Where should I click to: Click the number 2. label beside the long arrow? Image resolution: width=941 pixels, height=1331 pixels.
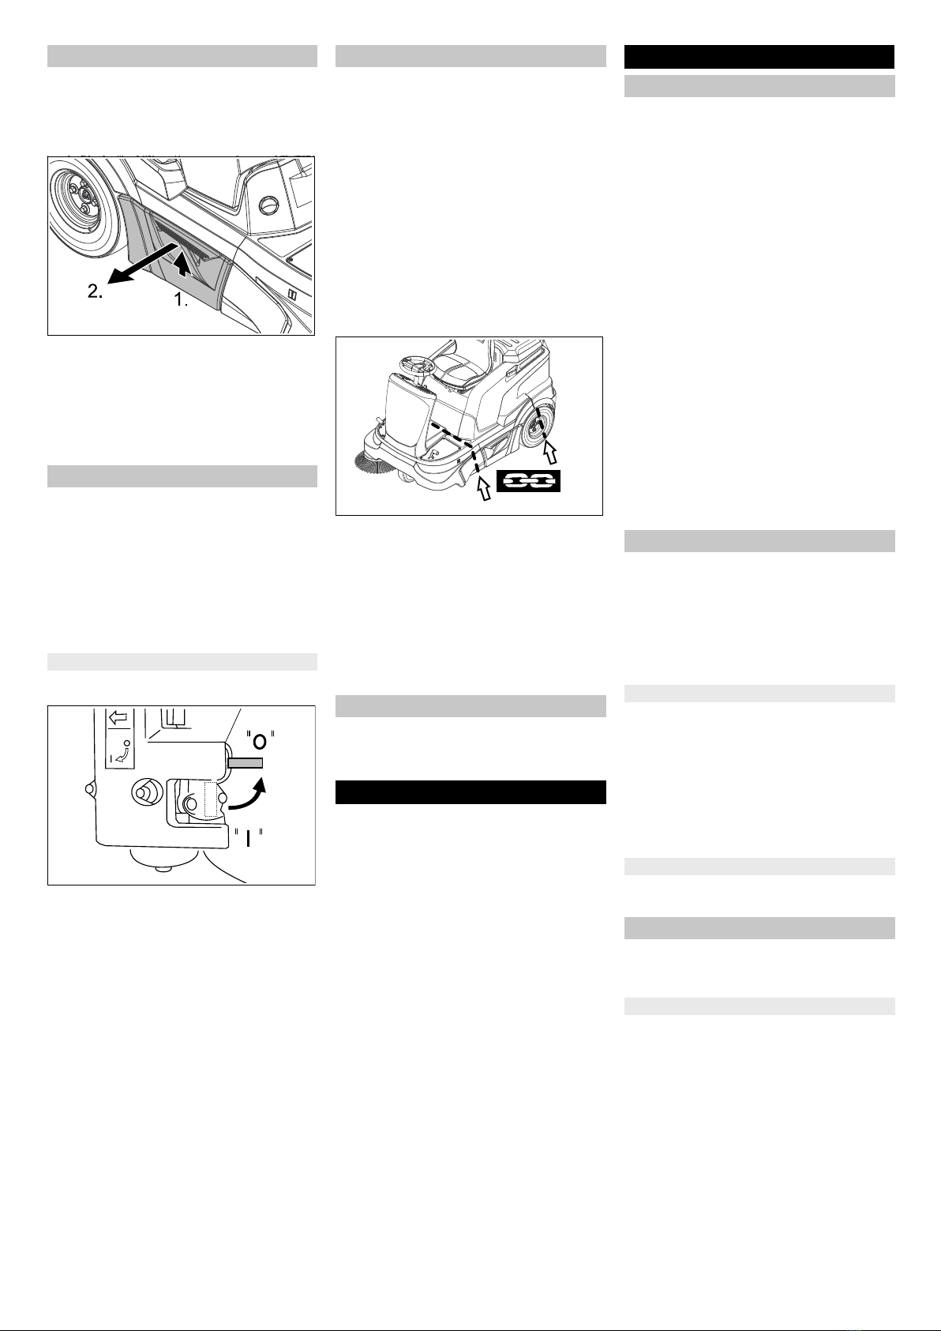95,291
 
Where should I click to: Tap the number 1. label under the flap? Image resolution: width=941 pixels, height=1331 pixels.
181,300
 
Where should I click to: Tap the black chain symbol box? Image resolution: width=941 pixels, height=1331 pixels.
528,480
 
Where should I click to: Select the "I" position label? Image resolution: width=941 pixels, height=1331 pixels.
247,838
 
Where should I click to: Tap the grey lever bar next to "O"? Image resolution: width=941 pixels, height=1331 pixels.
245,763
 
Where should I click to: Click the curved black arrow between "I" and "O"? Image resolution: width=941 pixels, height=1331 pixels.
248,795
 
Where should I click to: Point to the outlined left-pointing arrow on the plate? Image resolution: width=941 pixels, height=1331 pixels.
118,718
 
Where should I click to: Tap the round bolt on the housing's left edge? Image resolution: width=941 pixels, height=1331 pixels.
90,788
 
